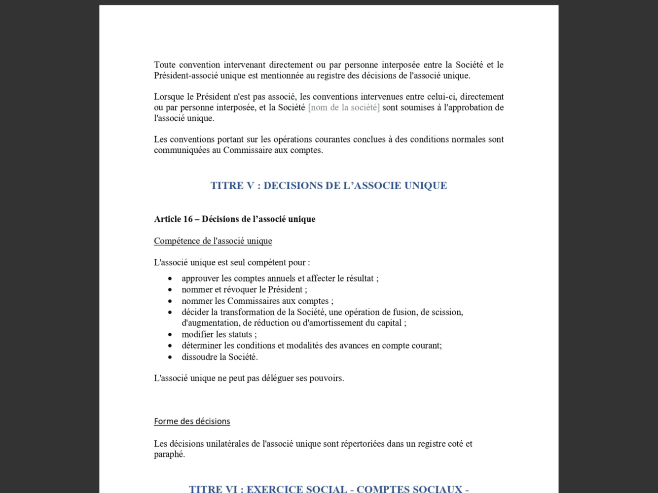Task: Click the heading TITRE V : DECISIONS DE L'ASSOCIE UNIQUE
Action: coord(329,185)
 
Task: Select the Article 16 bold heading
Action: coord(234,219)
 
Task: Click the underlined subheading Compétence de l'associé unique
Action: coord(213,241)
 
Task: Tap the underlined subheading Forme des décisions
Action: coord(192,421)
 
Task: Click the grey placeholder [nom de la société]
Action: coord(344,107)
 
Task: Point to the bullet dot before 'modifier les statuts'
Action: coord(170,334)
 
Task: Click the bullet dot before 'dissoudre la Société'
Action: coord(170,357)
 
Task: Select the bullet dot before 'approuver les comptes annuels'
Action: coord(170,279)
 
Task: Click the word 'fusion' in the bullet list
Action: coord(405,312)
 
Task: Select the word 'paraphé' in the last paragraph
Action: coord(169,454)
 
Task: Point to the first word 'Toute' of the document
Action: coord(165,65)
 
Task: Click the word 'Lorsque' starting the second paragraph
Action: coord(169,97)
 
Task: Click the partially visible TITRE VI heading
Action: coord(329,489)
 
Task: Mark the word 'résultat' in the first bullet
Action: coord(360,279)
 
